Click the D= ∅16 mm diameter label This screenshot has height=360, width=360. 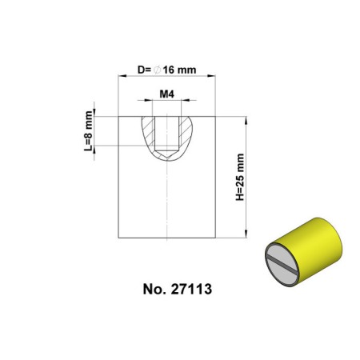pyautogui.click(x=166, y=70)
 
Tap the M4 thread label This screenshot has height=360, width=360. pyautogui.click(x=166, y=94)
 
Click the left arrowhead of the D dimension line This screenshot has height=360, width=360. pyautogui.click(x=122, y=78)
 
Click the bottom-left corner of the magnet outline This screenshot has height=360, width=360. pyautogui.click(x=118, y=238)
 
